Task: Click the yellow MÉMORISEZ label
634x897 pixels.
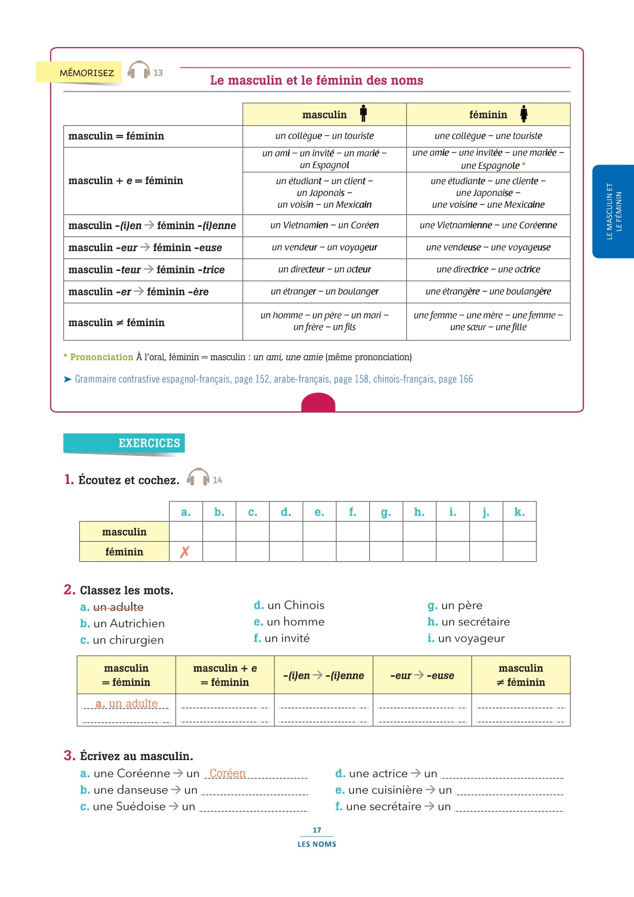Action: click(79, 73)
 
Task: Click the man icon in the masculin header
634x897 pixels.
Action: click(363, 113)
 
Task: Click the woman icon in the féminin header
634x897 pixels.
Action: click(524, 113)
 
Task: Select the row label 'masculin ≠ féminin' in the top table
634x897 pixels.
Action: click(116, 323)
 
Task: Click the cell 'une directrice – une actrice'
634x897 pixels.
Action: click(488, 269)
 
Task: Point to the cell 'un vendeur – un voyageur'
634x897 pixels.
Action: click(324, 247)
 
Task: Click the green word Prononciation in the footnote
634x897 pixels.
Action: click(101, 357)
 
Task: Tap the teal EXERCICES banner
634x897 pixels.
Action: click(124, 443)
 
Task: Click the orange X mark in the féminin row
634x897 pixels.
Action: click(185, 551)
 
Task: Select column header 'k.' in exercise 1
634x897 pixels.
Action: click(519, 512)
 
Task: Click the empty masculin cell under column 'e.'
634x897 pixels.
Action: click(319, 532)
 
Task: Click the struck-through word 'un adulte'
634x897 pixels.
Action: click(119, 607)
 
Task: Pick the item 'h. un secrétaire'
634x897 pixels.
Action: click(468, 622)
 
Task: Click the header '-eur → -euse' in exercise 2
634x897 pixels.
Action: click(422, 675)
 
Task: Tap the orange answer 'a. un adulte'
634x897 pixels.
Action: click(127, 703)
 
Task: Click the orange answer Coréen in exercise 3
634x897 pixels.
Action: click(227, 773)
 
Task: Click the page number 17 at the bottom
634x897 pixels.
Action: click(317, 830)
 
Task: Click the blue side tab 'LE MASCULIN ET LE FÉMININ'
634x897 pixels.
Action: click(614, 211)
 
